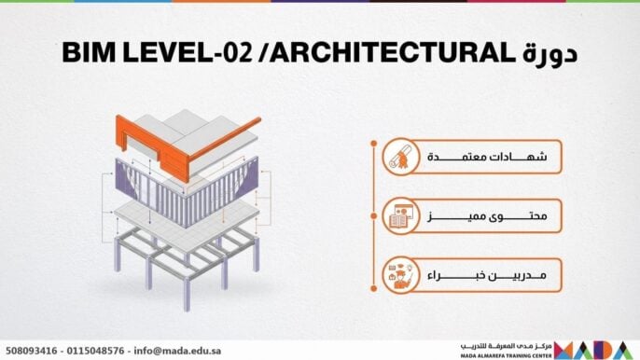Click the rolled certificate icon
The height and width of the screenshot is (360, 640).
click(x=398, y=159)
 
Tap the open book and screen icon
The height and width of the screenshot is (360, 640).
click(x=398, y=218)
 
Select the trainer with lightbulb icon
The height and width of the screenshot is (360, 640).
click(x=398, y=277)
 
